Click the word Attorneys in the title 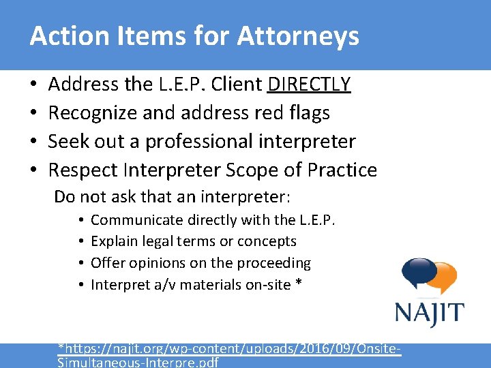298,37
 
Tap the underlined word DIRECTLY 310,85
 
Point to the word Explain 113,241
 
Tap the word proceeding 278,263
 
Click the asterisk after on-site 298,284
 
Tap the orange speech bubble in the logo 444,279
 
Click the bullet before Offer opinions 80,263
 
